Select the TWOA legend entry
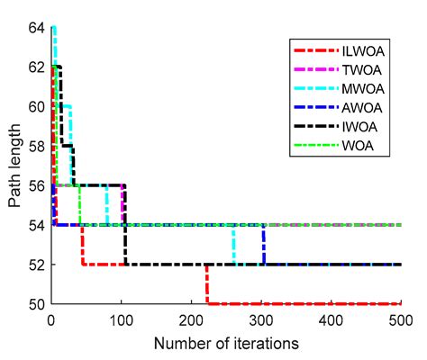coord(359,67)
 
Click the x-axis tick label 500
coord(400,320)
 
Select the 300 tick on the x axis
coord(260,320)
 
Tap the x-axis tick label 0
coord(50,320)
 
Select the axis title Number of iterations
coord(225,343)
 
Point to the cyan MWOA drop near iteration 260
coord(233,245)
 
